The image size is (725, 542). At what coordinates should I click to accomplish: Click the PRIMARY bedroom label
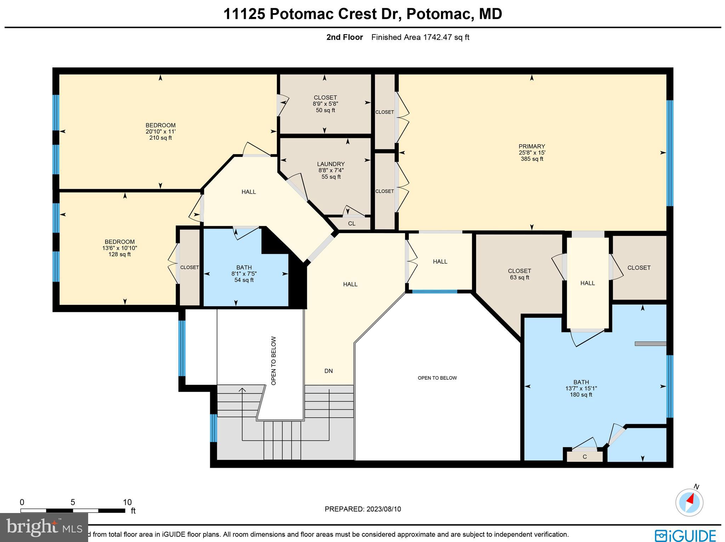tap(531, 146)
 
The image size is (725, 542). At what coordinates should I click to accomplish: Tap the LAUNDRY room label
tap(331, 164)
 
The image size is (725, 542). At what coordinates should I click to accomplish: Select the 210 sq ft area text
tap(160, 138)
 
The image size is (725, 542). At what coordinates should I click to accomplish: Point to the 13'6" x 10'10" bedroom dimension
tap(120, 248)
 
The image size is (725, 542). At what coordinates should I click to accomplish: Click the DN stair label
tap(329, 371)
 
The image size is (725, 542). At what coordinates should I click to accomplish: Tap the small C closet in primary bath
tap(584, 457)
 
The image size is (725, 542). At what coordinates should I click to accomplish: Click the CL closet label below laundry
tap(352, 223)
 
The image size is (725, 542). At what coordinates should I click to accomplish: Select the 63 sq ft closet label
tap(519, 278)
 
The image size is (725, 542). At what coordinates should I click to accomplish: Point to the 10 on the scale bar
tap(127, 502)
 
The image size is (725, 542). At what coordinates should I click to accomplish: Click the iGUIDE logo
tap(685, 535)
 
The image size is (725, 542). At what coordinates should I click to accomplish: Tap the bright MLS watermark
tap(44, 528)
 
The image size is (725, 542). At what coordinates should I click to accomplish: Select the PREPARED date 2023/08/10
tap(363, 509)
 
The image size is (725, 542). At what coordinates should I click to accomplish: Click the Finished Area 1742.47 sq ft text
tap(420, 37)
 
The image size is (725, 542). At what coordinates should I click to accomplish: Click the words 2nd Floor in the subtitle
tap(344, 37)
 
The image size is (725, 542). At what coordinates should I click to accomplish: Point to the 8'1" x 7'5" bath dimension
tap(244, 274)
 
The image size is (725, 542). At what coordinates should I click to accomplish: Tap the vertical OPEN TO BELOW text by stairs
tap(274, 361)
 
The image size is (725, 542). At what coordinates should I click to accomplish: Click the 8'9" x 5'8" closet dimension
tap(325, 104)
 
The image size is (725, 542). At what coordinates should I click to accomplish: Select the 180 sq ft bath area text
tap(581, 395)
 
